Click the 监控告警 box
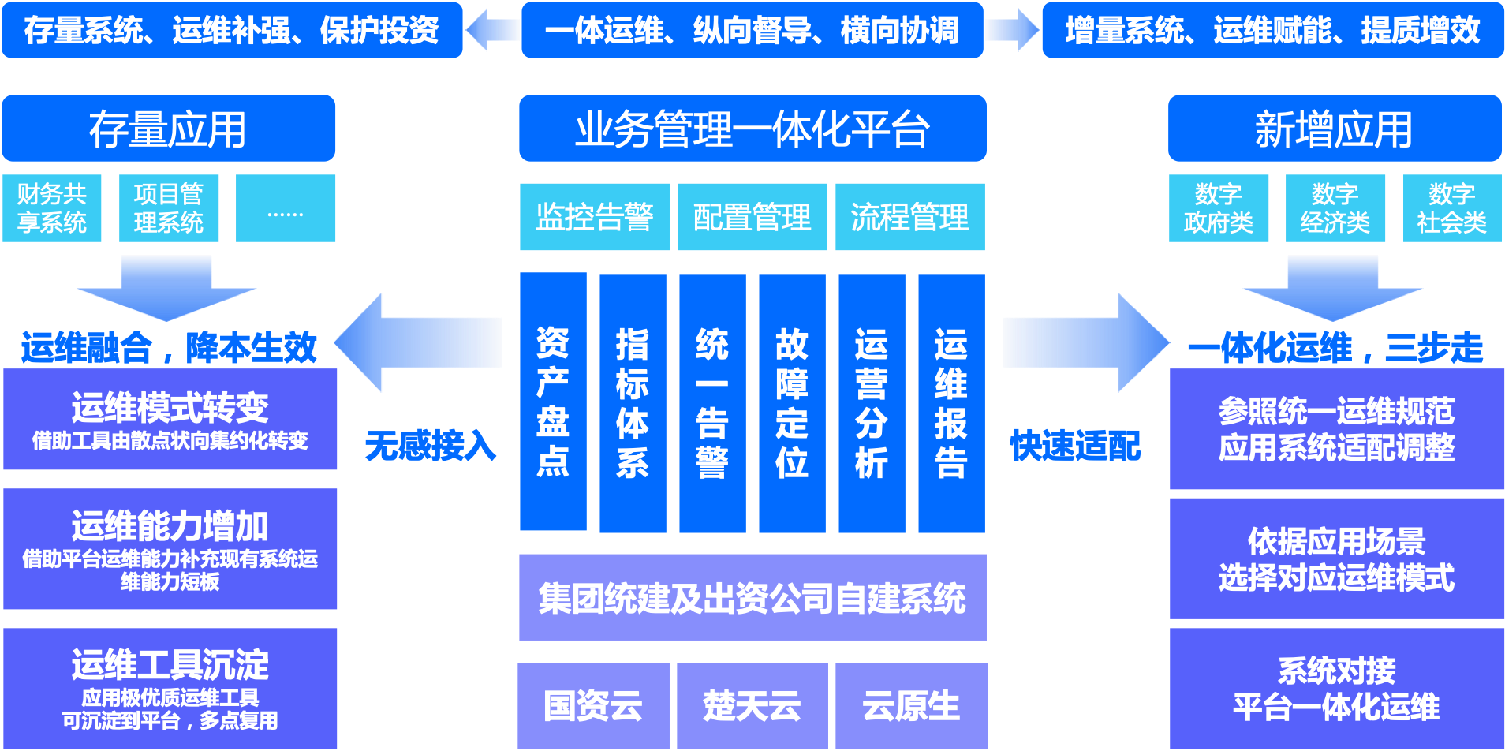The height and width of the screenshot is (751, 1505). [594, 217]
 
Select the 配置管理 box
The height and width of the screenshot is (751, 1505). [752, 217]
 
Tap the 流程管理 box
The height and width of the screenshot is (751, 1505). [909, 217]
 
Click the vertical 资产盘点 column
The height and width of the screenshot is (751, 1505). [553, 402]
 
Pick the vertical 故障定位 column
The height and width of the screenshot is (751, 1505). [792, 402]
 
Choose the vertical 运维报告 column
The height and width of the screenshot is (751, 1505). [951, 402]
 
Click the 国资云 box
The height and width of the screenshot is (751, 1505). [593, 705]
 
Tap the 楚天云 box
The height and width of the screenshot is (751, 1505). [752, 705]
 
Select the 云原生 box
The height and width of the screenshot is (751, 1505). [911, 705]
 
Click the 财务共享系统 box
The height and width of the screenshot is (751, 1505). [52, 208]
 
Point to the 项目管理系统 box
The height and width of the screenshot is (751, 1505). [169, 208]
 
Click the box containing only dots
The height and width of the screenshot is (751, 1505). [286, 208]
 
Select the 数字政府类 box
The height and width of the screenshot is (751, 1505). [1219, 208]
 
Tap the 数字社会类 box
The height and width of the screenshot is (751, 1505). [1452, 208]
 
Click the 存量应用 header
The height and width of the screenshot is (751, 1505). [168, 129]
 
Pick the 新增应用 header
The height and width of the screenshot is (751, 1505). [1334, 129]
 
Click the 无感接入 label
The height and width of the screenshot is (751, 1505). [430, 446]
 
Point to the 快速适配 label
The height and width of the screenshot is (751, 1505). [1076, 446]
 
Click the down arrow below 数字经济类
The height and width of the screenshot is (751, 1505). [1333, 288]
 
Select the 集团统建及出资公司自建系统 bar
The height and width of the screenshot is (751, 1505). [752, 597]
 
